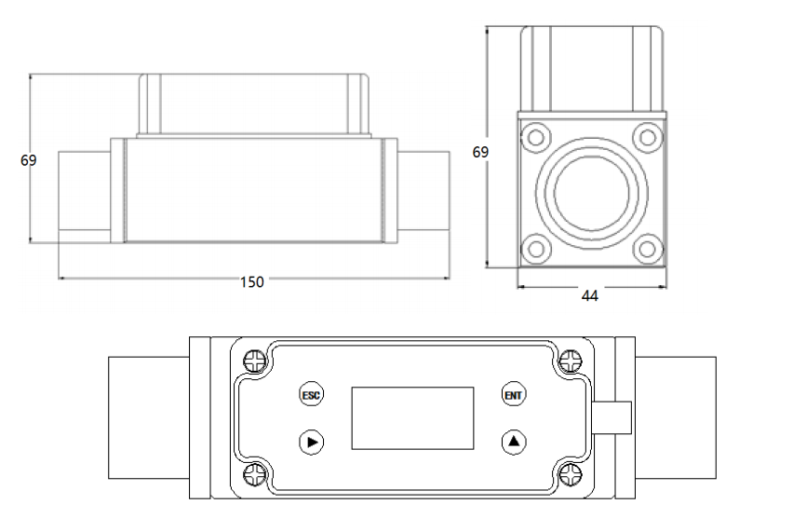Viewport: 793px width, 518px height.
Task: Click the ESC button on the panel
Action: [x=311, y=395]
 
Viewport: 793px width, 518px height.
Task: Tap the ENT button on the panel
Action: [x=514, y=395]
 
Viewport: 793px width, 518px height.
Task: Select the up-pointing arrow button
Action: [x=514, y=441]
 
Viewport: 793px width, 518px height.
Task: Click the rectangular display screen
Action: [x=412, y=418]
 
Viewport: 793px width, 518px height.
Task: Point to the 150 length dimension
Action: [x=251, y=282]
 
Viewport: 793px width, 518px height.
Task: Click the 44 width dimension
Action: [x=589, y=296]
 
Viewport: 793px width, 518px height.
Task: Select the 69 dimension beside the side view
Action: [x=29, y=160]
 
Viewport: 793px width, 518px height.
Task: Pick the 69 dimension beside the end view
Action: [x=480, y=152]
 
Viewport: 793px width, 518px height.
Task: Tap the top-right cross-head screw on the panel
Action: [x=570, y=361]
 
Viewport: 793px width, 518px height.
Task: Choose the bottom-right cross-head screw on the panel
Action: [x=570, y=475]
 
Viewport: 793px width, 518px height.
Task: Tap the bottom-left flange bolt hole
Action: [x=535, y=248]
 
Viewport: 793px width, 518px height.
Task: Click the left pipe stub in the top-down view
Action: [x=149, y=418]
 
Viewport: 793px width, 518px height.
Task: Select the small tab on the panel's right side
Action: [x=613, y=418]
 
